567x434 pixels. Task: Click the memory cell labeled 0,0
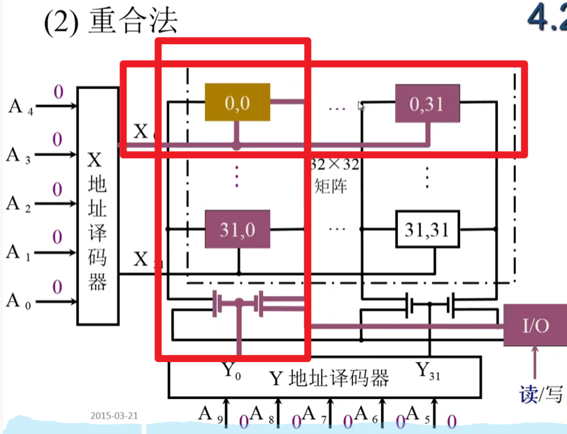pos(237,102)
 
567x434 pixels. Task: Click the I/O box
pos(534,325)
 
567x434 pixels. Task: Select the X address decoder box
pos(96,206)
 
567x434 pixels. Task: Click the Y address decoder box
pos(325,378)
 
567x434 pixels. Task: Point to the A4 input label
pos(18,107)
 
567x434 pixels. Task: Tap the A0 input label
pos(18,302)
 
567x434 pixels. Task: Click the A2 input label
pos(18,204)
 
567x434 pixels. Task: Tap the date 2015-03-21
pos(114,415)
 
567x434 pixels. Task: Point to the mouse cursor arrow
pos(361,106)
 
